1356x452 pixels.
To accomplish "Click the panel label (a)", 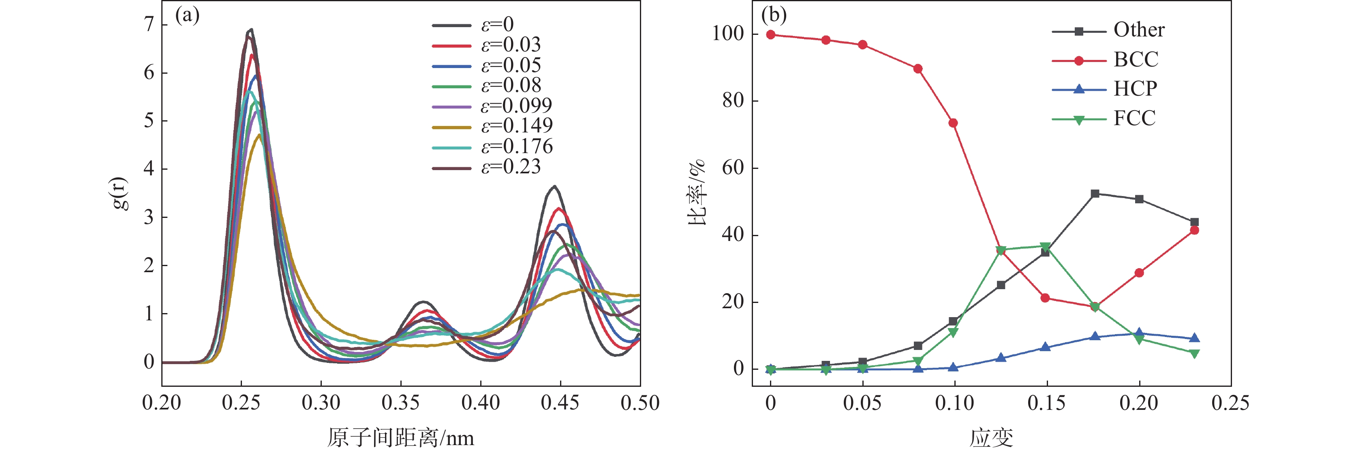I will (187, 15).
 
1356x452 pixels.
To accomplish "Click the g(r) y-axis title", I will (120, 194).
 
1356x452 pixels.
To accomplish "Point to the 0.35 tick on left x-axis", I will (400, 403).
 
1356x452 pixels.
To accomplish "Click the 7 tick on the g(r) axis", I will (149, 24).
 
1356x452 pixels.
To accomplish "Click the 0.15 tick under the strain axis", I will (1046, 403).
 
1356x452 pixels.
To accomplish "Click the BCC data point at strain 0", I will (771, 35).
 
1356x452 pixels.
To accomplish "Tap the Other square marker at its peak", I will (1095, 194).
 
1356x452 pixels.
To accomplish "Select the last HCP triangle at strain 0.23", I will (1194, 338).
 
